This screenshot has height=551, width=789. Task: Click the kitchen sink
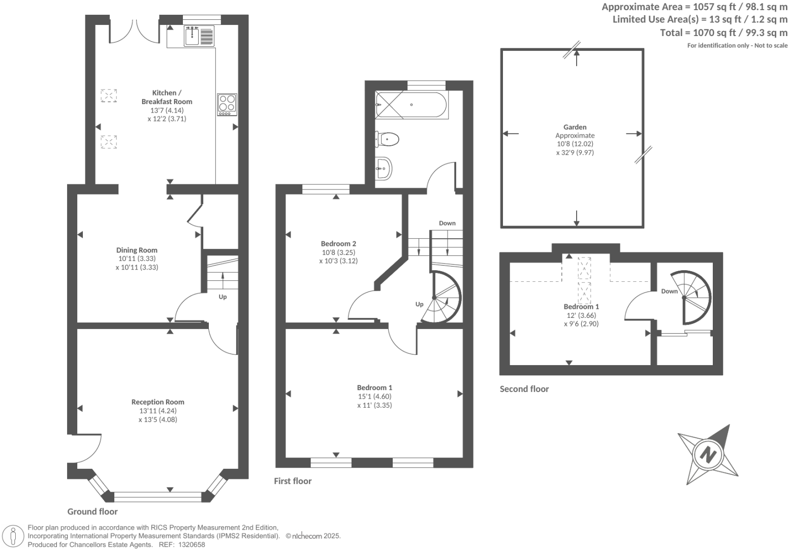[x=192, y=36]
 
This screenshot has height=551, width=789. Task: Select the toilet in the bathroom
[x=388, y=138]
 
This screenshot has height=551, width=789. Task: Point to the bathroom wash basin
[x=384, y=167]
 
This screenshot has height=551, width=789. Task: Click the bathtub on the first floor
[x=411, y=105]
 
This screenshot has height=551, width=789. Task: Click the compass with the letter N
[x=708, y=454]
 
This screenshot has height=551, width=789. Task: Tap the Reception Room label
[x=157, y=402]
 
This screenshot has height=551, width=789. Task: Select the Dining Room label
[x=137, y=250]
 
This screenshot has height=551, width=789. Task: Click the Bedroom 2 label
[x=338, y=243]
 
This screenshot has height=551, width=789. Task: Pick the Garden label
[x=575, y=127]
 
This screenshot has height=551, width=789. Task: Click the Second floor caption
[x=524, y=389]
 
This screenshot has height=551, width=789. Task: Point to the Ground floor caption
[x=92, y=511]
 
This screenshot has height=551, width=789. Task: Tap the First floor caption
[x=293, y=481]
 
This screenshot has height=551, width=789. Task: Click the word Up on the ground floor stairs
[x=223, y=297]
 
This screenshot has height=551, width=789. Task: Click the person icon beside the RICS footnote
[x=14, y=536]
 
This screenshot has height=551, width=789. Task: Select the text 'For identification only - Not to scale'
[x=737, y=45]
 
